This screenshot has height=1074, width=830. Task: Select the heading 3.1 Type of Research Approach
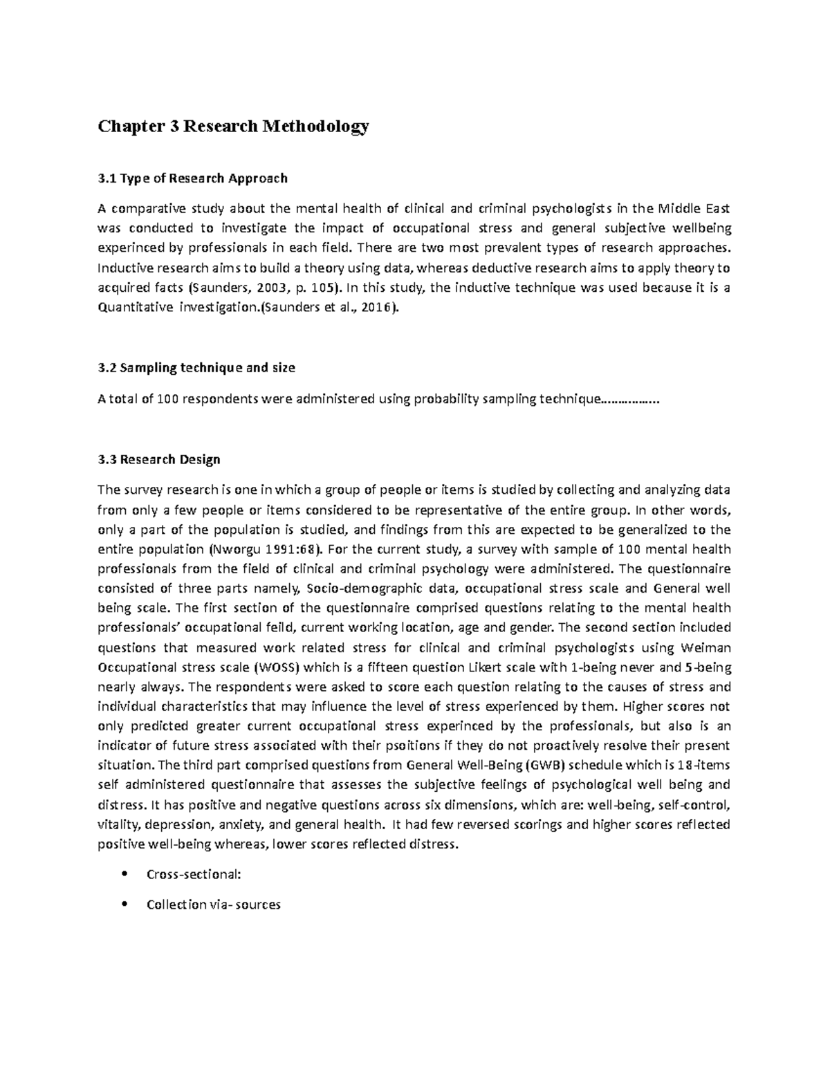click(192, 178)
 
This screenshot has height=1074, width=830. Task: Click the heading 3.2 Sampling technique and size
click(196, 368)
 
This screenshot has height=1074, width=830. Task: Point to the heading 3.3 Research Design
click(159, 459)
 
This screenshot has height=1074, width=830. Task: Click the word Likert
click(473, 668)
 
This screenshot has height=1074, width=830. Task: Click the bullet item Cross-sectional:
click(194, 874)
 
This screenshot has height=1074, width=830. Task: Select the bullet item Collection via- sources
click(214, 905)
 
